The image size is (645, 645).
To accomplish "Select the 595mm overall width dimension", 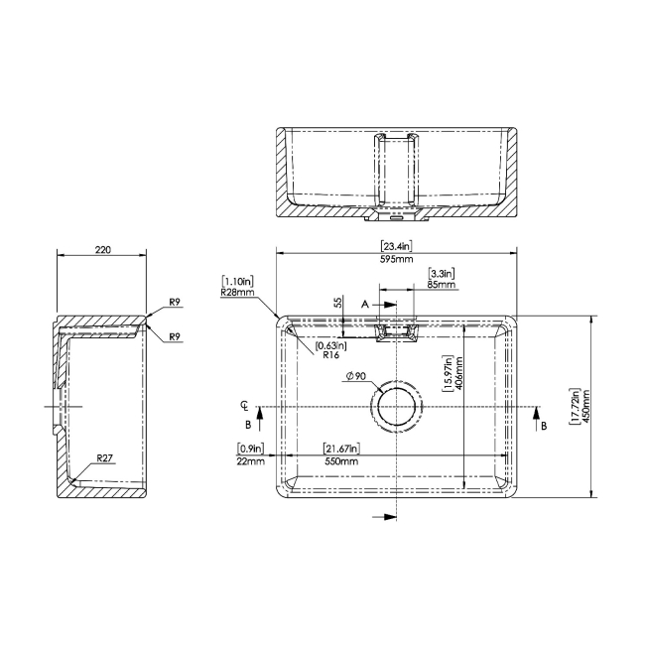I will [397, 259].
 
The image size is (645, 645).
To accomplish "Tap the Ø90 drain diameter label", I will [356, 376].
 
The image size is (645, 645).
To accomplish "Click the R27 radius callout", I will [106, 459].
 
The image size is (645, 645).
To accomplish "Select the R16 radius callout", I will [331, 353].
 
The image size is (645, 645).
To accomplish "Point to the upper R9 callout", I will [175, 302].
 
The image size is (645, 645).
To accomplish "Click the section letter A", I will [364, 302].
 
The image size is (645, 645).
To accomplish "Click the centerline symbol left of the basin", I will [245, 407].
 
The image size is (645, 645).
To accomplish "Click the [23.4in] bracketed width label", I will [397, 246].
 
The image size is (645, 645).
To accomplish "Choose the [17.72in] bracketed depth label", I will [574, 407].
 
